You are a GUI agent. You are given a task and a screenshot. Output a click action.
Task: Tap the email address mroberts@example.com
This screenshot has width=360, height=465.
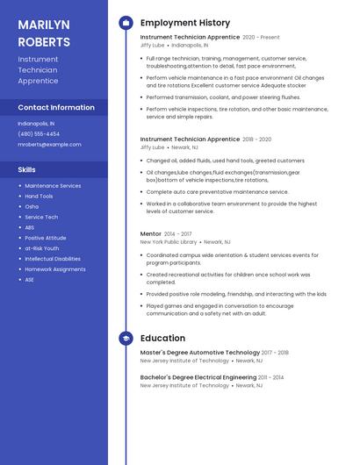pos(49,144)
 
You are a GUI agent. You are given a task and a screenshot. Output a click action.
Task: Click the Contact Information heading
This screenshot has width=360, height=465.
pos(56,107)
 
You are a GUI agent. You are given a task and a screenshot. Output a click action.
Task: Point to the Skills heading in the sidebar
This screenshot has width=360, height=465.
pos(27,169)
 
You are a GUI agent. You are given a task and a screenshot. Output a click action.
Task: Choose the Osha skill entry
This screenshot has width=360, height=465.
pos(32,206)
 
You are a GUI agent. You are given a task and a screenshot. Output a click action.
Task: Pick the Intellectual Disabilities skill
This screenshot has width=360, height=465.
pos(53,259)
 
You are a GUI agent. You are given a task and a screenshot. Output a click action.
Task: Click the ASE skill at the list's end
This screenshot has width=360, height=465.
pos(29,280)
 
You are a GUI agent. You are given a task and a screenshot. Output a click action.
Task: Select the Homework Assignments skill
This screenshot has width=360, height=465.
pos(55,269)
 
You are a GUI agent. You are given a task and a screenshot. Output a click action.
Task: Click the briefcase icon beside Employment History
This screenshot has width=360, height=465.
pos(126,23)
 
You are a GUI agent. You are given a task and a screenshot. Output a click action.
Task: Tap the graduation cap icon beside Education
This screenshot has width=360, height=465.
pos(126,338)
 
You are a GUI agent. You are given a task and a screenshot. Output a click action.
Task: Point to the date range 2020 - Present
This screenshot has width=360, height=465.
pos(261,38)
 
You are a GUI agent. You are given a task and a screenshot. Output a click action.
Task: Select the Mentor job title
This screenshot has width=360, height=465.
pos(151,234)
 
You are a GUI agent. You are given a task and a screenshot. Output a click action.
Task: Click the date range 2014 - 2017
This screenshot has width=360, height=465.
pos(178,234)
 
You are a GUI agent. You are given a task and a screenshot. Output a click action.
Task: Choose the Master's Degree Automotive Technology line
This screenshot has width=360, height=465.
pos(199,353)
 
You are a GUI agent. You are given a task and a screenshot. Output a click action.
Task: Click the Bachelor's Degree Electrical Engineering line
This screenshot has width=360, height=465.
pos(198,377)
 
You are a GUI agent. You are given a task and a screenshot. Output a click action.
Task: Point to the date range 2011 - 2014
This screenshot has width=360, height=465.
pos(271,377)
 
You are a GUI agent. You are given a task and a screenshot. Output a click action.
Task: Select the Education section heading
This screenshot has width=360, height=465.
pos(162,338)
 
